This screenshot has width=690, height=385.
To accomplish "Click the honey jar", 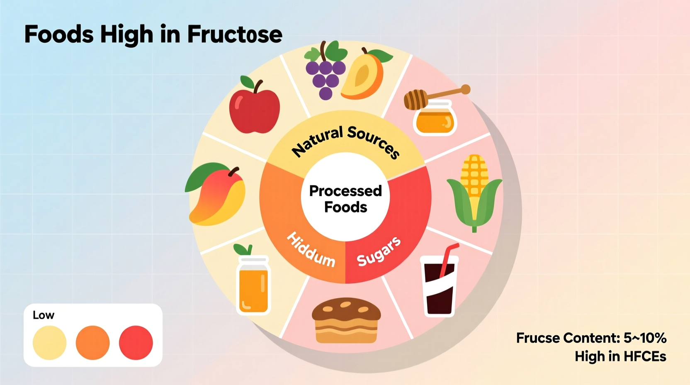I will point(434,119).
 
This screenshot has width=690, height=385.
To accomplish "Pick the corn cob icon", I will point(474,191).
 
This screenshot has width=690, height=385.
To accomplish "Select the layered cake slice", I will point(346,320).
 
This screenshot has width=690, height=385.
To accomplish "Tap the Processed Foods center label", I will point(345,199).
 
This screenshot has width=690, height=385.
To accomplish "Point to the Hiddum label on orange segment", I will point(311,249).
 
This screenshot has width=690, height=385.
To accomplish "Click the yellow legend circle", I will point(50,343).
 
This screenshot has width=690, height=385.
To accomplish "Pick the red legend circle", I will point(136,343).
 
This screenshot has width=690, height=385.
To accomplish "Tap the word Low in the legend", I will point(44,315).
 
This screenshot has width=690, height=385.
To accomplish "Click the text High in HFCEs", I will point(620,356).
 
